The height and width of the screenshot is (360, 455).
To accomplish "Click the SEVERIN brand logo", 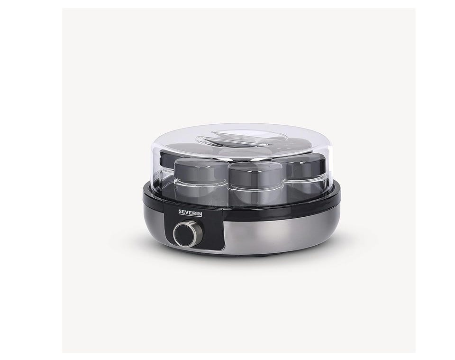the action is [x=190, y=213].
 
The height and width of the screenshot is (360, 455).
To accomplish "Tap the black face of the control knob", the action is [x=184, y=234].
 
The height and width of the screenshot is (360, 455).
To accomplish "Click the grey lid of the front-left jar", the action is [x=200, y=169].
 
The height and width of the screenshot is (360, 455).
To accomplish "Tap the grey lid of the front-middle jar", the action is [x=255, y=174].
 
